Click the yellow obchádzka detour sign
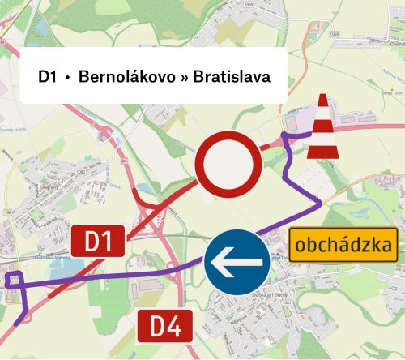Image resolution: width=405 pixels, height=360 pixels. (x=344, y=244)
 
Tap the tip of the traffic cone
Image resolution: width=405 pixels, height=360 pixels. (x=323, y=99)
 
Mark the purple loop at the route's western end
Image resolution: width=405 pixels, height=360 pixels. (x=14, y=281)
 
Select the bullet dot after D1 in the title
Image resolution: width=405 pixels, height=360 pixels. (x=68, y=77)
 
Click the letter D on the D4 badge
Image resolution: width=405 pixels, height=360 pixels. (x=159, y=328)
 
